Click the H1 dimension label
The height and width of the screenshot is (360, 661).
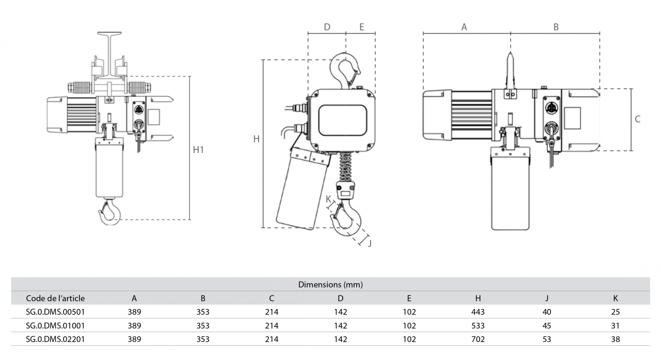point(198,150)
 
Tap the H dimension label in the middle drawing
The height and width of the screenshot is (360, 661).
point(256,139)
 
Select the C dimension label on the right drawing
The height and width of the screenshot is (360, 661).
point(637,119)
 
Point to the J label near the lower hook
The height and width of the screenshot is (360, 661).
point(370,243)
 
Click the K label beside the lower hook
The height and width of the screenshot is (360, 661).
point(328,199)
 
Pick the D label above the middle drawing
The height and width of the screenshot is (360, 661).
point(327,27)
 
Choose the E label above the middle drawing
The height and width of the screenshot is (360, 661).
point(362,27)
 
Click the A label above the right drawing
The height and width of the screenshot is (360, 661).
point(464,27)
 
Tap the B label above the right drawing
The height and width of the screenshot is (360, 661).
point(556,27)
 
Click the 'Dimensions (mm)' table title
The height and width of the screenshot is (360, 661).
point(330,284)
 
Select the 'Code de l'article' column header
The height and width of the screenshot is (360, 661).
point(55,298)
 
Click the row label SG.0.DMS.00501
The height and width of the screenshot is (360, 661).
point(55,312)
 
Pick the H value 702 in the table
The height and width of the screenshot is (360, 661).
point(478,339)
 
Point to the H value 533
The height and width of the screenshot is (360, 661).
point(478,326)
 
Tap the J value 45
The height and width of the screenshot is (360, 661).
point(546,326)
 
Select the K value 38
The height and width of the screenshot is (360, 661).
point(615,339)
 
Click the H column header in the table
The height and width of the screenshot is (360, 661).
point(478,298)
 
